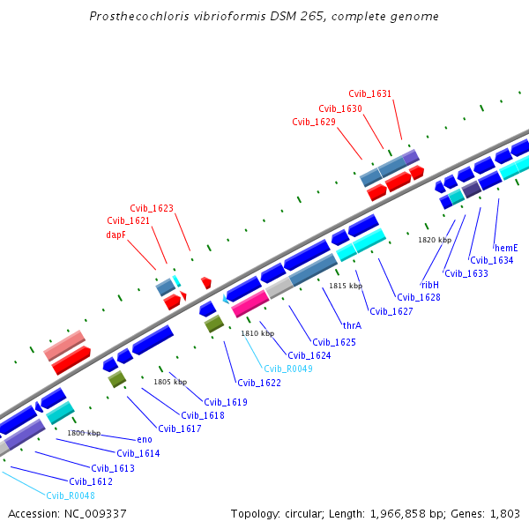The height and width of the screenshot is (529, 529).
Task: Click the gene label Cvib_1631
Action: pos(369,93)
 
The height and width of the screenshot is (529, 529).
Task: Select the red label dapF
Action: pos(115,235)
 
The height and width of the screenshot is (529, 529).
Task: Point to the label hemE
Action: pos(505,248)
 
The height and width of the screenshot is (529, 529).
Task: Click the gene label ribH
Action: pos(429,285)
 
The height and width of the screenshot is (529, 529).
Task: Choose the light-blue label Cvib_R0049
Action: pos(287,369)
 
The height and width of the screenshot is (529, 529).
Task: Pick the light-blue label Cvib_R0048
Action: pos(70,495)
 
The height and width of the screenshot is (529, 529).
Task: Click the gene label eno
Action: pos(145,439)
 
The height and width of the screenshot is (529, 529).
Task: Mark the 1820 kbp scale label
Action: pos(434,240)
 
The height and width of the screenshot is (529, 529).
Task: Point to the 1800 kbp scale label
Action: pos(84,433)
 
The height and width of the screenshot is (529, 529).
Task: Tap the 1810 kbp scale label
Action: pos(257,333)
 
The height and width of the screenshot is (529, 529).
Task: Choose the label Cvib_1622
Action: pos(258,383)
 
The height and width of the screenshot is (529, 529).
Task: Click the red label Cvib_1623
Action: pos(152,208)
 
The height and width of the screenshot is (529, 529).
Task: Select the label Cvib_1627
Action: pos(391,311)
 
